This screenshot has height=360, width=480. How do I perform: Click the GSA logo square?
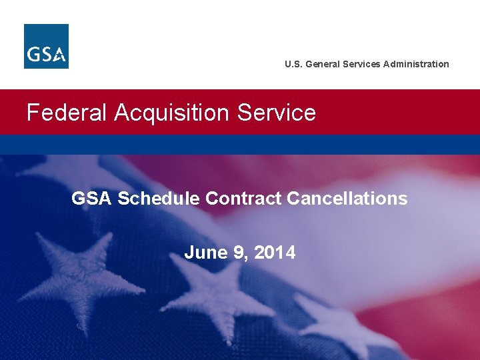[46, 46]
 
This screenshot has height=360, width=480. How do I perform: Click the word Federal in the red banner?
[67, 113]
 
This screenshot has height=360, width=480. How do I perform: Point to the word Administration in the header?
[416, 64]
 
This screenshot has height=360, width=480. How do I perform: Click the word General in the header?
[322, 64]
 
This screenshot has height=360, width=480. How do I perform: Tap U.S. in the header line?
[293, 64]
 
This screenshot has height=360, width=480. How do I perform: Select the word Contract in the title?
[243, 198]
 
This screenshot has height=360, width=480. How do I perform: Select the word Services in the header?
[361, 64]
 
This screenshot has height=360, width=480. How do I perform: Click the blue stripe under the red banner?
[240, 144]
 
